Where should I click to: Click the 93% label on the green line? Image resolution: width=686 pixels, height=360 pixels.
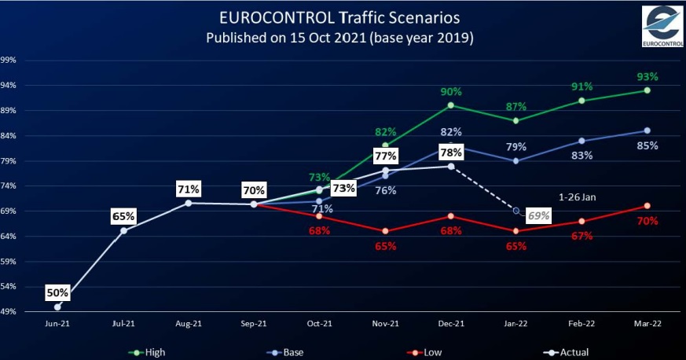[x=647, y=77]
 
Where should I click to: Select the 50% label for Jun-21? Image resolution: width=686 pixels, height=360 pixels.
[x=58, y=293]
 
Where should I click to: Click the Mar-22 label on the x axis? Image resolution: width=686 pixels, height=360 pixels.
[x=647, y=322]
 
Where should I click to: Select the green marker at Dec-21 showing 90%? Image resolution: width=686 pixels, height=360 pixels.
[x=450, y=105]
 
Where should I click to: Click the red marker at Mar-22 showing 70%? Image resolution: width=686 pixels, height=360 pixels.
[x=647, y=206]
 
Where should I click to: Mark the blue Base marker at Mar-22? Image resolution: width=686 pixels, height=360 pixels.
[x=647, y=130]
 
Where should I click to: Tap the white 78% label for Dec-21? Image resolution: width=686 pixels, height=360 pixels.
[x=451, y=152]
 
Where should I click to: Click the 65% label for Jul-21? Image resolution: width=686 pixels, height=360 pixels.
[x=123, y=215]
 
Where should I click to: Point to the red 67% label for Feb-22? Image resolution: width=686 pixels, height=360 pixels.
[x=581, y=237]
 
